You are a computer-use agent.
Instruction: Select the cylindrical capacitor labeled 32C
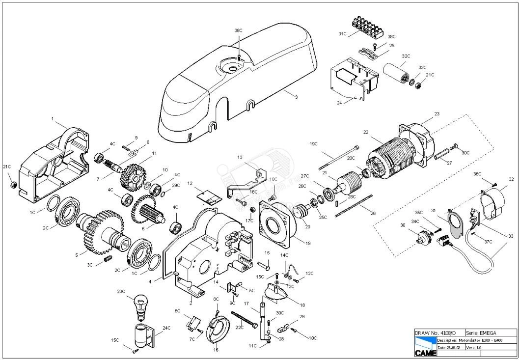pos(397,73)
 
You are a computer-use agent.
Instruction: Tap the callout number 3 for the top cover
pos(296,97)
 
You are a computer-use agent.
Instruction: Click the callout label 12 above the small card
pos(190,183)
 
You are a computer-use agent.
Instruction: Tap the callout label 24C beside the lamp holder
pos(166,328)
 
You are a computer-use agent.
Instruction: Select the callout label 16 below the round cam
pos(216,350)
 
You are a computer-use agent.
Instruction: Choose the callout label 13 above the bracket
pos(240,157)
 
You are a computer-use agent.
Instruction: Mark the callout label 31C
pos(342,34)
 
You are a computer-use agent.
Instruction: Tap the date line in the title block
pos(450,347)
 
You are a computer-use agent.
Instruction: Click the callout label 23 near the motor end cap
pos(437,114)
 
